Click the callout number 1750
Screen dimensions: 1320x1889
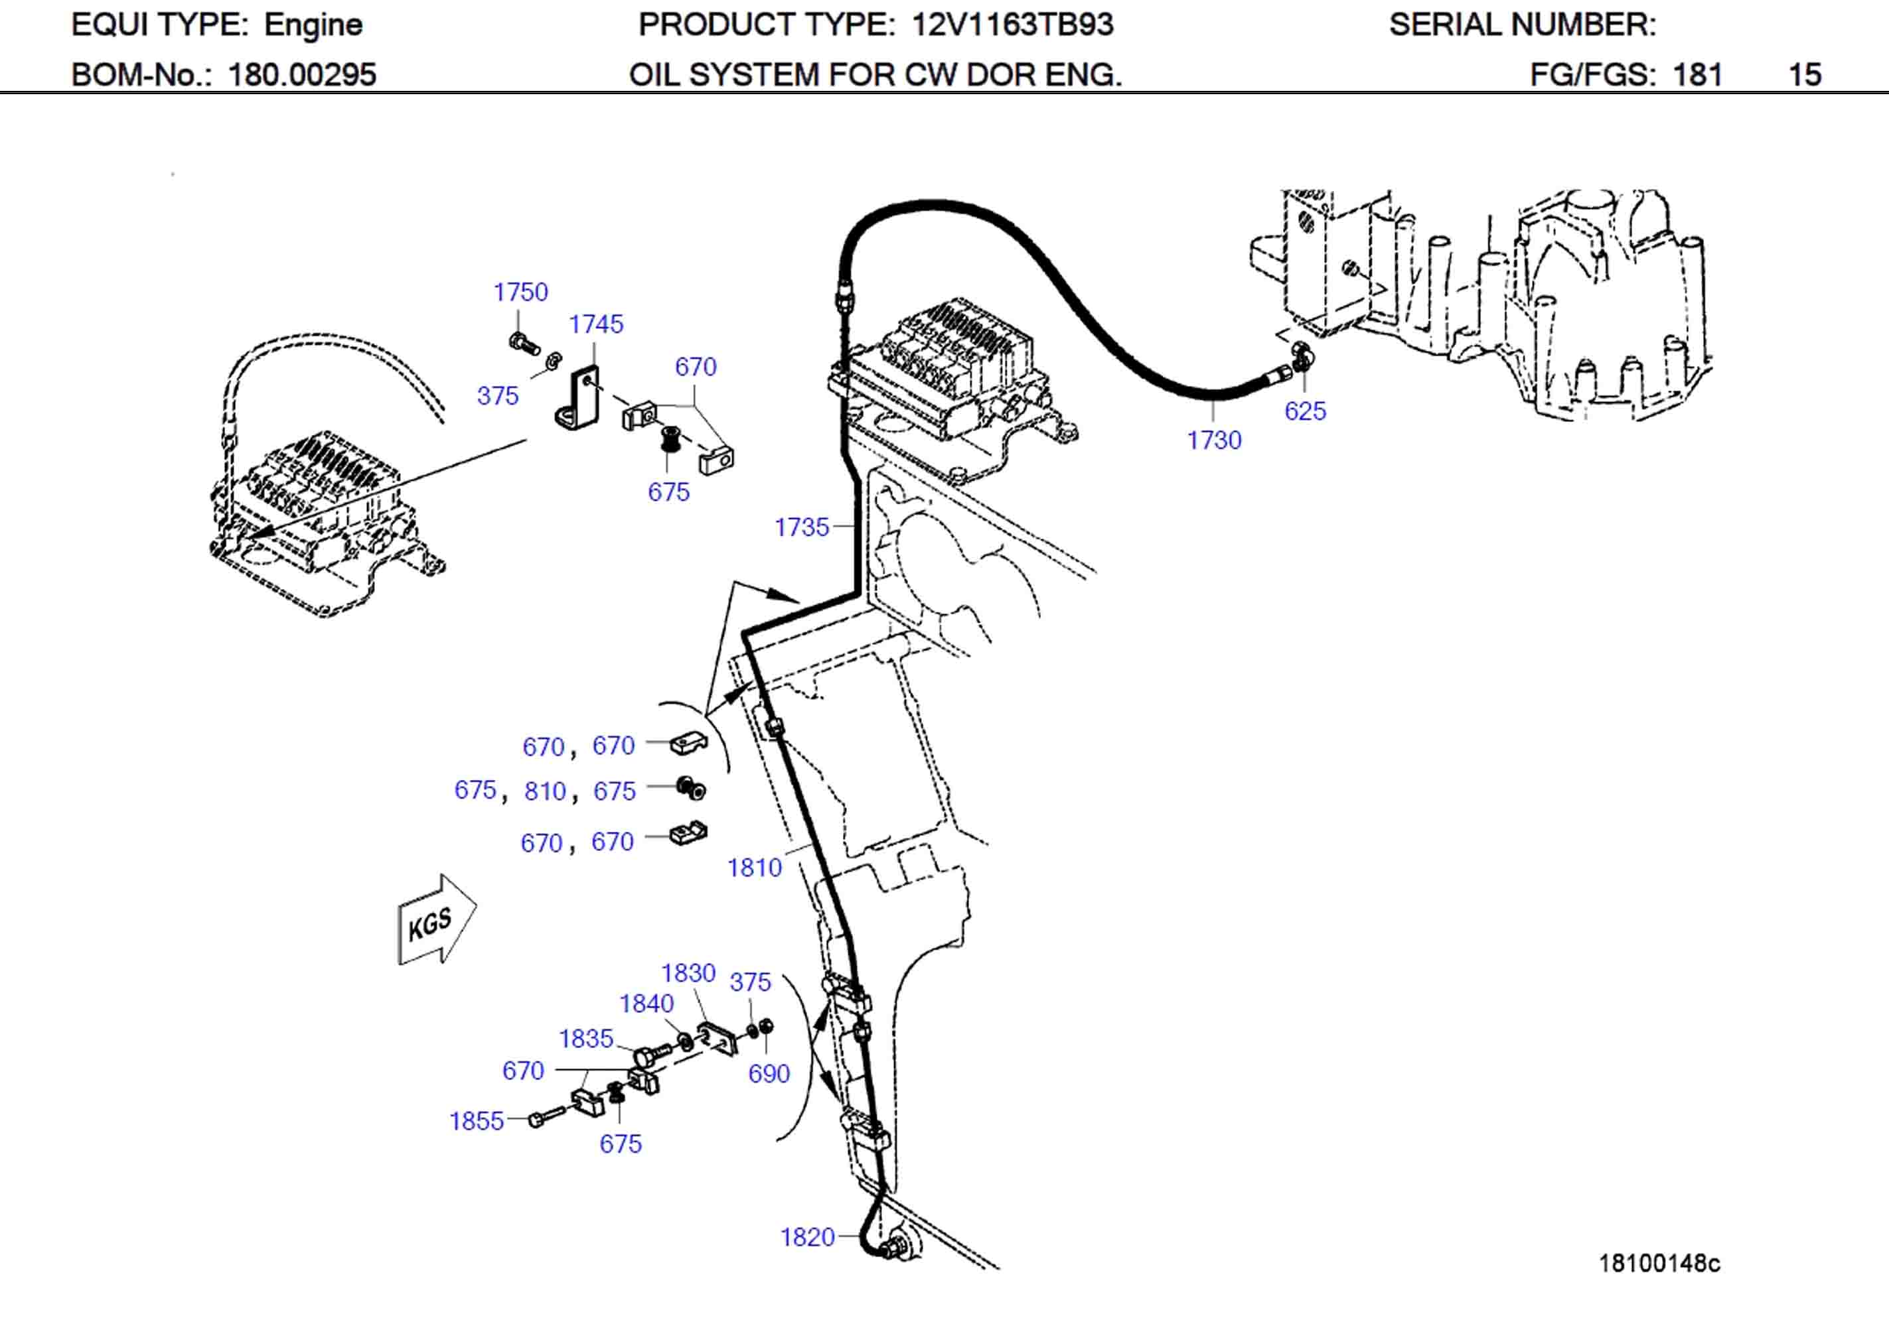(x=520, y=292)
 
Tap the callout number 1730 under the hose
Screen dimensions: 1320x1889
(x=1213, y=440)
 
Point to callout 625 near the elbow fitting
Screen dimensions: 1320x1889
(x=1305, y=411)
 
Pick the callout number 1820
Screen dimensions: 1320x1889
(x=806, y=1237)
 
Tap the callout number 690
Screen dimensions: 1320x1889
(x=769, y=1073)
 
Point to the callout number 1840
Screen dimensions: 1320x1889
(x=646, y=1004)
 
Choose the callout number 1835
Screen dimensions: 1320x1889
(x=586, y=1039)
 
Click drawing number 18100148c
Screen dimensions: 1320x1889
(x=1659, y=1263)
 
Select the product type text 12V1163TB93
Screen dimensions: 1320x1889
(x=1012, y=25)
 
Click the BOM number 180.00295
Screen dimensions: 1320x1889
(x=301, y=75)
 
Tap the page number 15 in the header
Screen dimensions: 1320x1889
(x=1804, y=75)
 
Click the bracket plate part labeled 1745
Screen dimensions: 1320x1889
(x=579, y=398)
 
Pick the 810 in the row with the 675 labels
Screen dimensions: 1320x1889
(x=545, y=791)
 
